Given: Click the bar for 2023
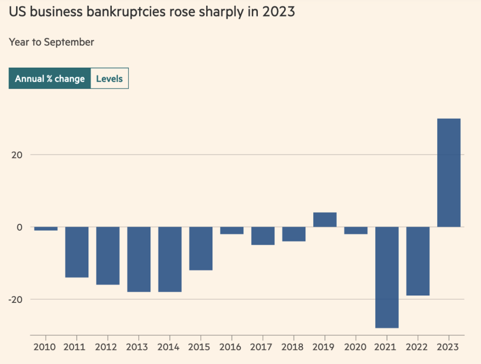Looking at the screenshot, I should point(449,172).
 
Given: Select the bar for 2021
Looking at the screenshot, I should point(387,277).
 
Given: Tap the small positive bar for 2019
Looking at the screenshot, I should point(325,219).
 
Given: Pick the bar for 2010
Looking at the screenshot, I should point(46,229).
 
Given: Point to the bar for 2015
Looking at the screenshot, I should point(201,248).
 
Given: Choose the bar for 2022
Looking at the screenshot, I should point(418,261).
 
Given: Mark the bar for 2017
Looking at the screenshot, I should point(263,236).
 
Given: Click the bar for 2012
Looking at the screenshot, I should point(108,256).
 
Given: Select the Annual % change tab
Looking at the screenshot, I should point(49,78).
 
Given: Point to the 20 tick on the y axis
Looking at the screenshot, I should point(18,155).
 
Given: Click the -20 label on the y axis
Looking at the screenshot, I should point(16,299).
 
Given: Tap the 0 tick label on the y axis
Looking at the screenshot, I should point(20,227).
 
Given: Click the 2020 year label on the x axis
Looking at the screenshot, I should point(356,347).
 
